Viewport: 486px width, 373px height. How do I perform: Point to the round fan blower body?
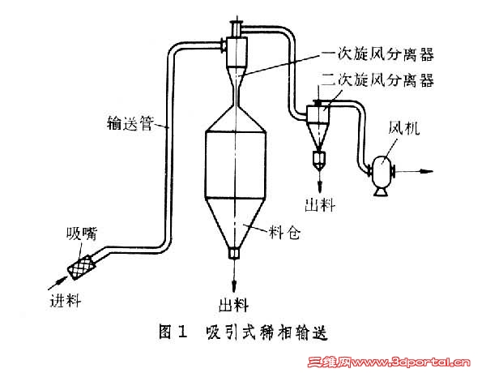(x=380, y=172)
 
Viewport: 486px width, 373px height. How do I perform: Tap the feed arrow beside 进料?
(x=57, y=281)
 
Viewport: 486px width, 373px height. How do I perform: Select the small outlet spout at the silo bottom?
(x=233, y=253)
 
